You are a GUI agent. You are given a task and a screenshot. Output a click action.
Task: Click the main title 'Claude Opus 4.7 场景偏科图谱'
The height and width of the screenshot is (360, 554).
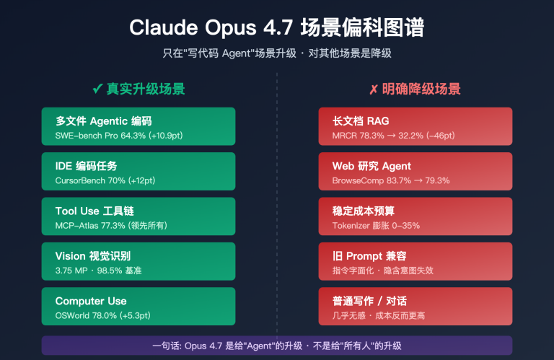(277, 27)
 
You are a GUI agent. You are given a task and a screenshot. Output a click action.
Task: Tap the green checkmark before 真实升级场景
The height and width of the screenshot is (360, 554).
(97, 89)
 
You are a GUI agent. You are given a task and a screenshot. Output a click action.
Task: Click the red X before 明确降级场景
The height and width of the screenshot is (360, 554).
(373, 89)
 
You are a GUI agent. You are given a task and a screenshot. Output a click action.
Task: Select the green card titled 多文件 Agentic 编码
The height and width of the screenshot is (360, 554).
(138, 126)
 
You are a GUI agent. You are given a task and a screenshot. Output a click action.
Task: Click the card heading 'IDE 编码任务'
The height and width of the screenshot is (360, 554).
(86, 166)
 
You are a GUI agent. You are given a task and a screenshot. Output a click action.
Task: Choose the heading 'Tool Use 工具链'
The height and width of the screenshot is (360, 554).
(94, 211)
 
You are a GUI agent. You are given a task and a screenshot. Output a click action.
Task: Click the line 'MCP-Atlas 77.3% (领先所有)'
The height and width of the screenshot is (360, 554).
(111, 225)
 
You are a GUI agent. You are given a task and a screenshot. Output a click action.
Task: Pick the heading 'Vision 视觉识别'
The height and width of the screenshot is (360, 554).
(92, 256)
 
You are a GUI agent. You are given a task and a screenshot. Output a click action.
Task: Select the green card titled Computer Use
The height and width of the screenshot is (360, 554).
(138, 306)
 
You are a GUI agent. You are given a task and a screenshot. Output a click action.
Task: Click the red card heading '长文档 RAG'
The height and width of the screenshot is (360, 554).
(361, 121)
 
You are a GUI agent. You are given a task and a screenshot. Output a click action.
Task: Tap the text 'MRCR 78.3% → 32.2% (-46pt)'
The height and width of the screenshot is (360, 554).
(393, 135)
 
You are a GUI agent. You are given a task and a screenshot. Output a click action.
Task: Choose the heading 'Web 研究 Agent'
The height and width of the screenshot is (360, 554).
(371, 166)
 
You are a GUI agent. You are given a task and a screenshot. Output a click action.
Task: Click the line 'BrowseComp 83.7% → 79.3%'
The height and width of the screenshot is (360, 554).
(390, 180)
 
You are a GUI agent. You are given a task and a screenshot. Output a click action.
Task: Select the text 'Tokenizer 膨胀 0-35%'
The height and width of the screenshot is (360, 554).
(376, 225)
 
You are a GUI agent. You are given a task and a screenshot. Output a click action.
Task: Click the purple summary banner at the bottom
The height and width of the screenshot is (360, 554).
(277, 345)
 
